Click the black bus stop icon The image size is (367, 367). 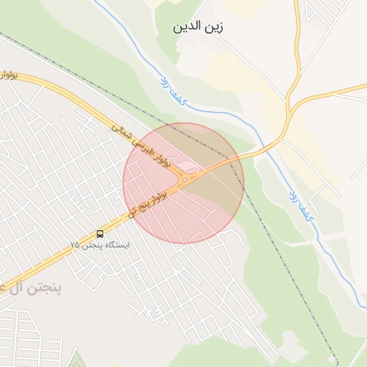(99, 234)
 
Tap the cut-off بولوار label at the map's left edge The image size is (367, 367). (9, 74)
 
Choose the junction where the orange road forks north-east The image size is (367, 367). (289, 113)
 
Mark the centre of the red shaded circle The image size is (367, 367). (183, 183)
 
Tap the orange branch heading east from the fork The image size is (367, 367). (337, 94)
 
